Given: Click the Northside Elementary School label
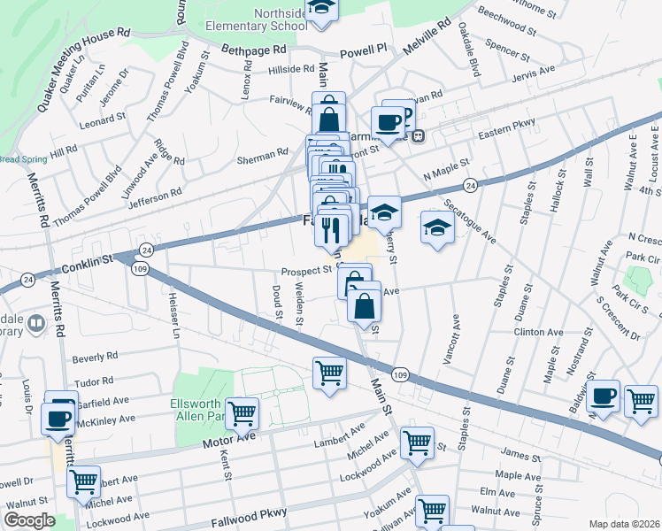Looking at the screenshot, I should [257, 20].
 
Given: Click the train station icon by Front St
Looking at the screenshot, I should [419, 136].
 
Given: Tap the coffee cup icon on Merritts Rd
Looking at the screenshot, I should [59, 417].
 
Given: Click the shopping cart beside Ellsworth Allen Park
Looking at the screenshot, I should [242, 412].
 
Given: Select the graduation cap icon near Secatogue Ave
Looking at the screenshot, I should [437, 227].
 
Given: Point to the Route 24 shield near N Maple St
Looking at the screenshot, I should [471, 185].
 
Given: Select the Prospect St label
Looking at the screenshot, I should [306, 271].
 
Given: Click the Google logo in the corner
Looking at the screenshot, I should [29, 520].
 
